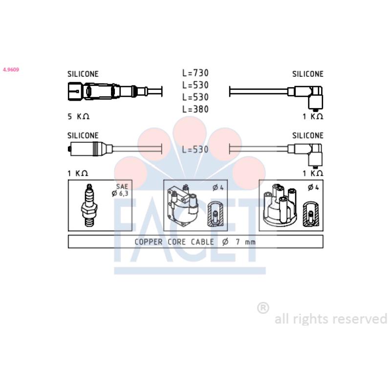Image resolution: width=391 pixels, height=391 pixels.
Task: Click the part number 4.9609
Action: pyautogui.click(x=11, y=69)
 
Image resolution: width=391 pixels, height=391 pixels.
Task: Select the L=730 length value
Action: pyautogui.click(x=195, y=73)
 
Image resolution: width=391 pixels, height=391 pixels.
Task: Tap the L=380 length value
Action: pyautogui.click(x=195, y=109)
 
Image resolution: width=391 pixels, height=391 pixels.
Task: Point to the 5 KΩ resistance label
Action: pyautogui.click(x=78, y=116)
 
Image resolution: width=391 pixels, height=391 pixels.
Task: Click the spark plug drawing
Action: pyautogui.click(x=89, y=205)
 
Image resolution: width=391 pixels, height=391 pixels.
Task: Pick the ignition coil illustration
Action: pyautogui.click(x=182, y=206)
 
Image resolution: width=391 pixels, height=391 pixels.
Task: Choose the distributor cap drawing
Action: pyautogui.click(x=280, y=205)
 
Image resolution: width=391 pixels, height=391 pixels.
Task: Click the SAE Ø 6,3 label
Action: pyautogui.click(x=120, y=190)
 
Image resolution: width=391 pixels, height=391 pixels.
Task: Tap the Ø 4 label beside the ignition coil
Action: pyautogui.click(x=218, y=188)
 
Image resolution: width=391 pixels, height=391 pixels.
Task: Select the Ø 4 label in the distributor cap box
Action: pyautogui.click(x=313, y=187)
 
